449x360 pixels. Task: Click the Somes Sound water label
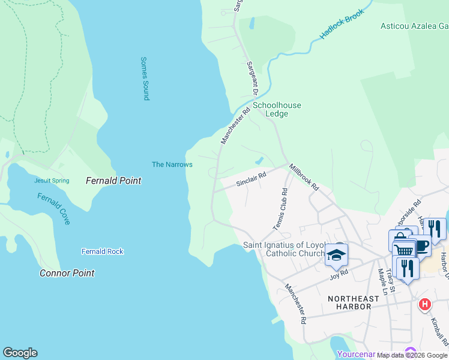tap(145, 78)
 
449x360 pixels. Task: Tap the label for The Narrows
tap(172, 164)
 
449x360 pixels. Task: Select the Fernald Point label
tap(113, 181)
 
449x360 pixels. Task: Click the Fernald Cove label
tap(53, 209)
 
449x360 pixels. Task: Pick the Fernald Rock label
tap(103, 251)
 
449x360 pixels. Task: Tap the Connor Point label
tap(67, 273)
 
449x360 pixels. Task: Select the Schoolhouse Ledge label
tap(277, 110)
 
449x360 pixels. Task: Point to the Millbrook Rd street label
tap(304, 178)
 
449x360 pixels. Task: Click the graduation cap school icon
tap(336, 256)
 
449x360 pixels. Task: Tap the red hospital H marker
tap(425, 305)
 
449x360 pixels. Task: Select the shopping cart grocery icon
tap(404, 250)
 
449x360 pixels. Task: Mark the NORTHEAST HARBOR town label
tap(354, 303)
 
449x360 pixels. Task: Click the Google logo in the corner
tap(20, 353)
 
